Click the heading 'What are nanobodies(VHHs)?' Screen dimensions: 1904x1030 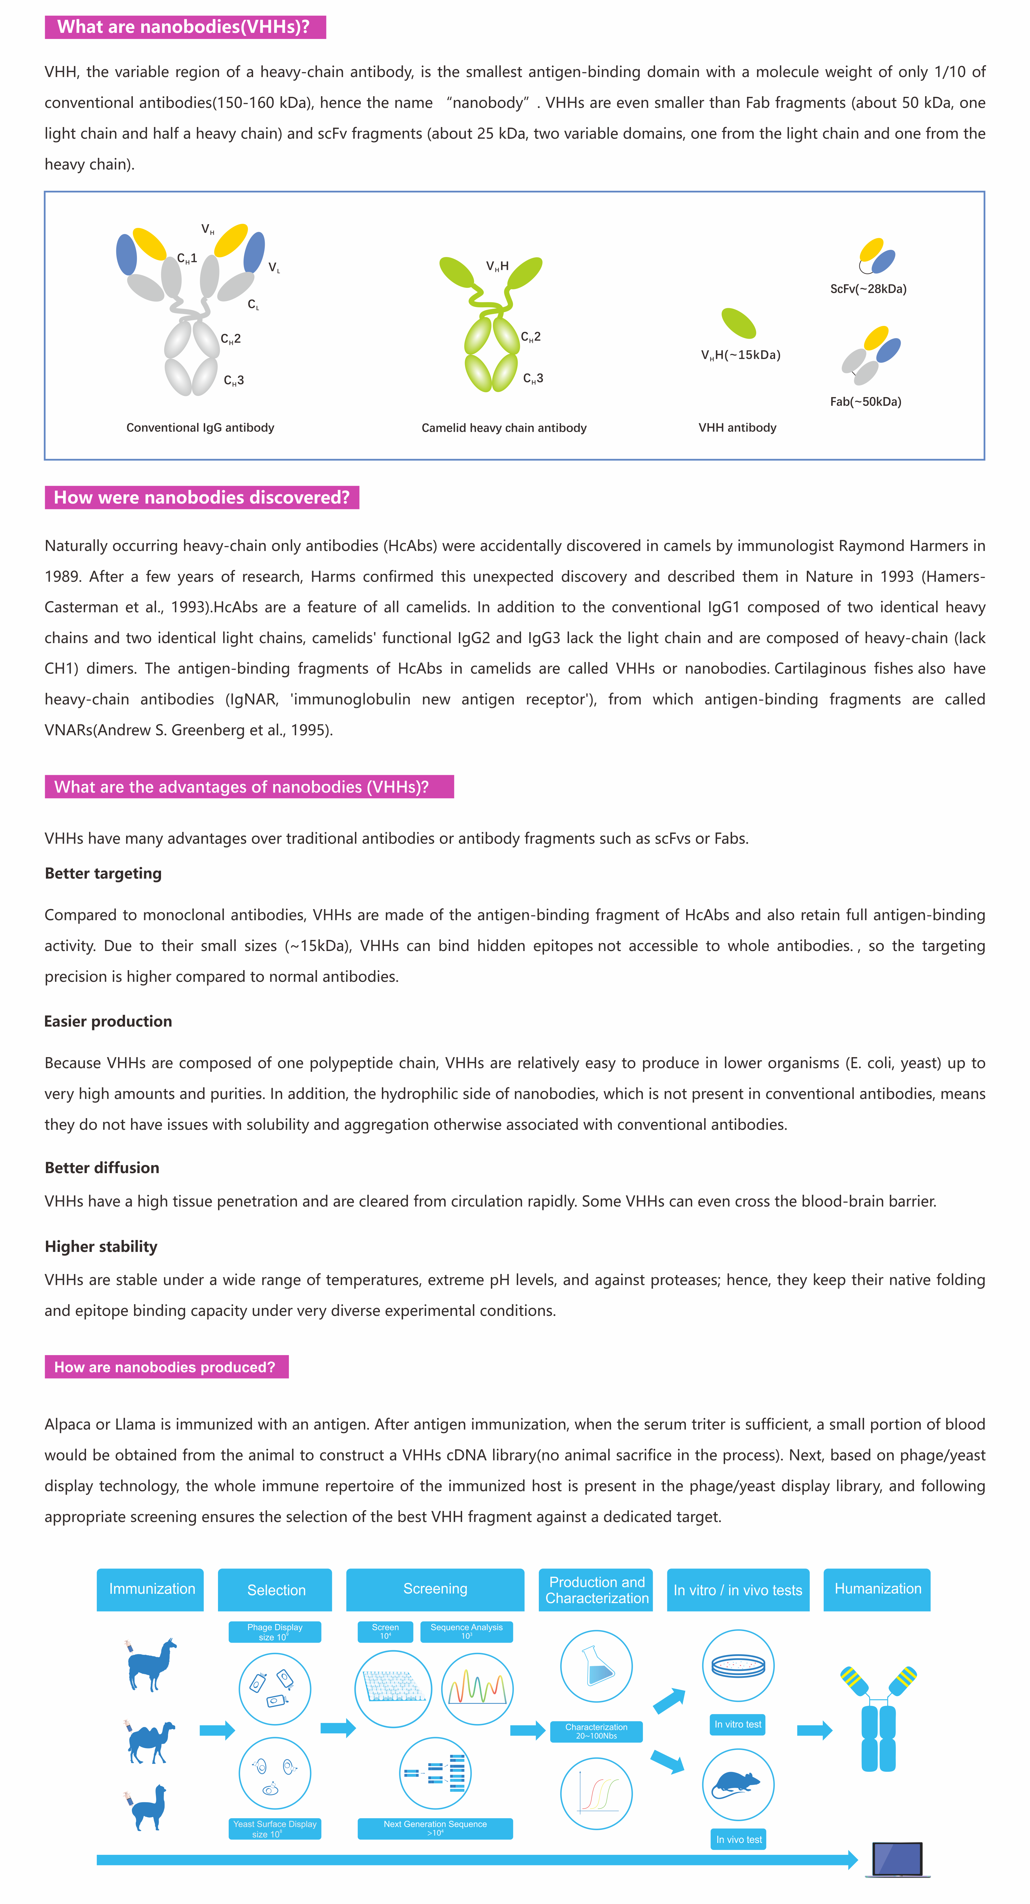[185, 27]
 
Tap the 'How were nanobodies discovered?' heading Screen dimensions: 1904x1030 [202, 497]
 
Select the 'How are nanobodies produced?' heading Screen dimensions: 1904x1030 [165, 1367]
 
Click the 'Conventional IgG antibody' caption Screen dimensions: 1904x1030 [200, 427]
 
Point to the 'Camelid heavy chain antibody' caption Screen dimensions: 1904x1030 [504, 428]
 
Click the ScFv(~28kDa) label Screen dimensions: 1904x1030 [868, 289]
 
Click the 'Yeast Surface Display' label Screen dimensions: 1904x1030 [275, 1828]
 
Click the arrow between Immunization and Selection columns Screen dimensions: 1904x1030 [217, 1730]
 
